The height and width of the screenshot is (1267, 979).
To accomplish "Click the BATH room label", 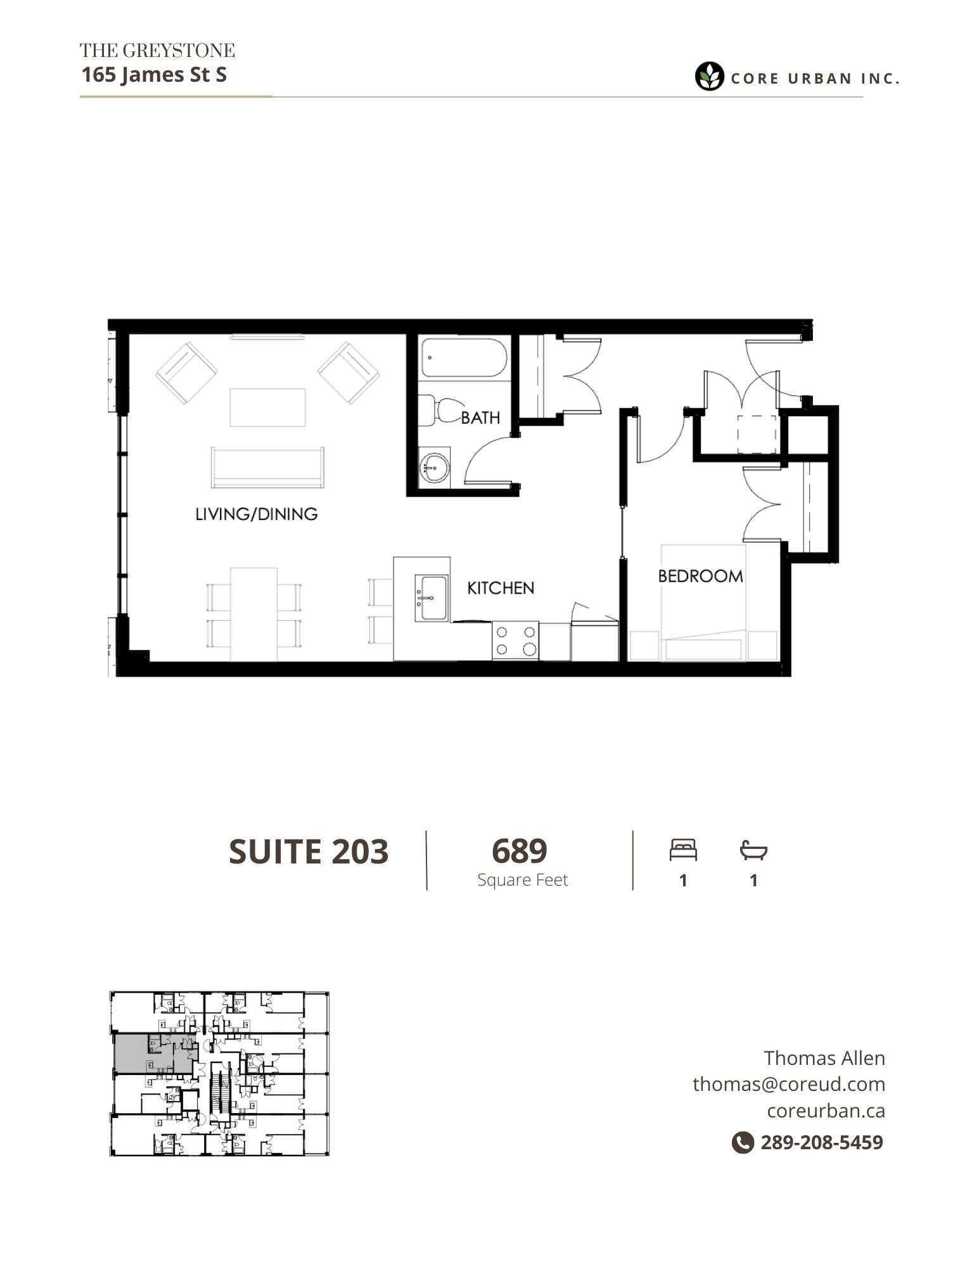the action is coord(480,417).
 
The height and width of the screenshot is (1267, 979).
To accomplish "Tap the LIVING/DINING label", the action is coord(256,514).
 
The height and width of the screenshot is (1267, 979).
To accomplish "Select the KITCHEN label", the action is coord(501,588).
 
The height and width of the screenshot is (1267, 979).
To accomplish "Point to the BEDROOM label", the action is coord(700,576).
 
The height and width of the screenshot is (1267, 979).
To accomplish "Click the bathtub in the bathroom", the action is coord(464,359).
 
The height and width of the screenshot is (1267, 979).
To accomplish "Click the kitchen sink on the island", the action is coord(432,598).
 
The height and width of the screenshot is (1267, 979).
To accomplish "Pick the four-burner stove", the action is coord(515,640).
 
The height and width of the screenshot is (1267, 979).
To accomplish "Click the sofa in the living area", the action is coord(267,468).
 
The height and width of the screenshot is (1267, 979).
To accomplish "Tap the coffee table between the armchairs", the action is coord(267,407).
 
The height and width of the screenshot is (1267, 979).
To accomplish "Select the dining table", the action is coord(253,614).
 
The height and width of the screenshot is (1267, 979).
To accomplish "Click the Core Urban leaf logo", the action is coord(710,77).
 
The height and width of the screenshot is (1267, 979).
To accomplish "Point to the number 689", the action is coord(519,851).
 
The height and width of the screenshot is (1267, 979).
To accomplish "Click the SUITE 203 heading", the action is coord(309,851).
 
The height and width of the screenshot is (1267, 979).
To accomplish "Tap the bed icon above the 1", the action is coord(683,850).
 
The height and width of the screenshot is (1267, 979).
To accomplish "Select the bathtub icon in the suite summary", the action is coord(753,850).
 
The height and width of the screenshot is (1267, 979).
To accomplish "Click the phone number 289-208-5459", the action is coord(822,1142).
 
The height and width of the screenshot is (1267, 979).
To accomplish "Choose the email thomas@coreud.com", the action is coord(789,1084).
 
